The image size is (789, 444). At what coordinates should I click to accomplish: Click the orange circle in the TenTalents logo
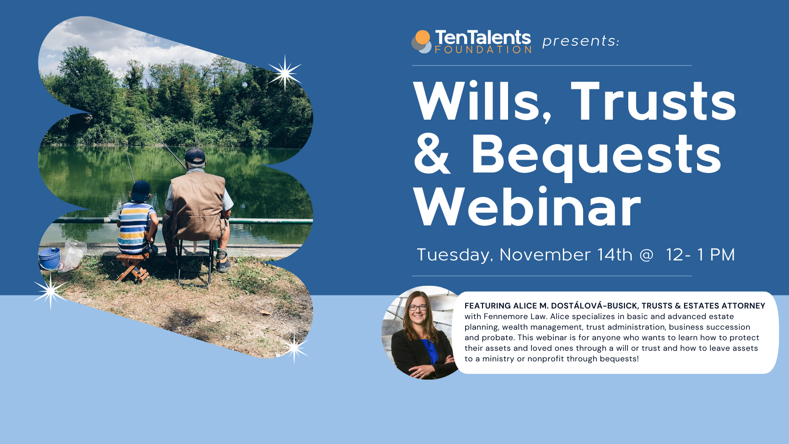(422, 37)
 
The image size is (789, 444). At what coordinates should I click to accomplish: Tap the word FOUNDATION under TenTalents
(483, 49)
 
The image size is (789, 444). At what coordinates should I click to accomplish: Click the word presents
(580, 41)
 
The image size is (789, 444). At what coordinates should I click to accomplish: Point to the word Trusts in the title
(653, 102)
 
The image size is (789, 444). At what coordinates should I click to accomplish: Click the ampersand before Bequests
(432, 155)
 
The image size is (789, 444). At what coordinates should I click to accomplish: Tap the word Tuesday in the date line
(455, 255)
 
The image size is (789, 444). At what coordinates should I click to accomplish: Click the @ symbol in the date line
(647, 255)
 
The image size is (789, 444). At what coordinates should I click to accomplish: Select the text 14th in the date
(614, 255)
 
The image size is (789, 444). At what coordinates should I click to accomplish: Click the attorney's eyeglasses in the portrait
(417, 308)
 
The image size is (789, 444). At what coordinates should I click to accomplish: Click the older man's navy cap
(195, 156)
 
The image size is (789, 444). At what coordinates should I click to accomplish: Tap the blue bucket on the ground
(49, 259)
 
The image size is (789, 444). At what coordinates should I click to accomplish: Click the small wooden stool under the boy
(132, 267)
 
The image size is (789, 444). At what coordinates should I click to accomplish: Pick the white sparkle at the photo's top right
(285, 74)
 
